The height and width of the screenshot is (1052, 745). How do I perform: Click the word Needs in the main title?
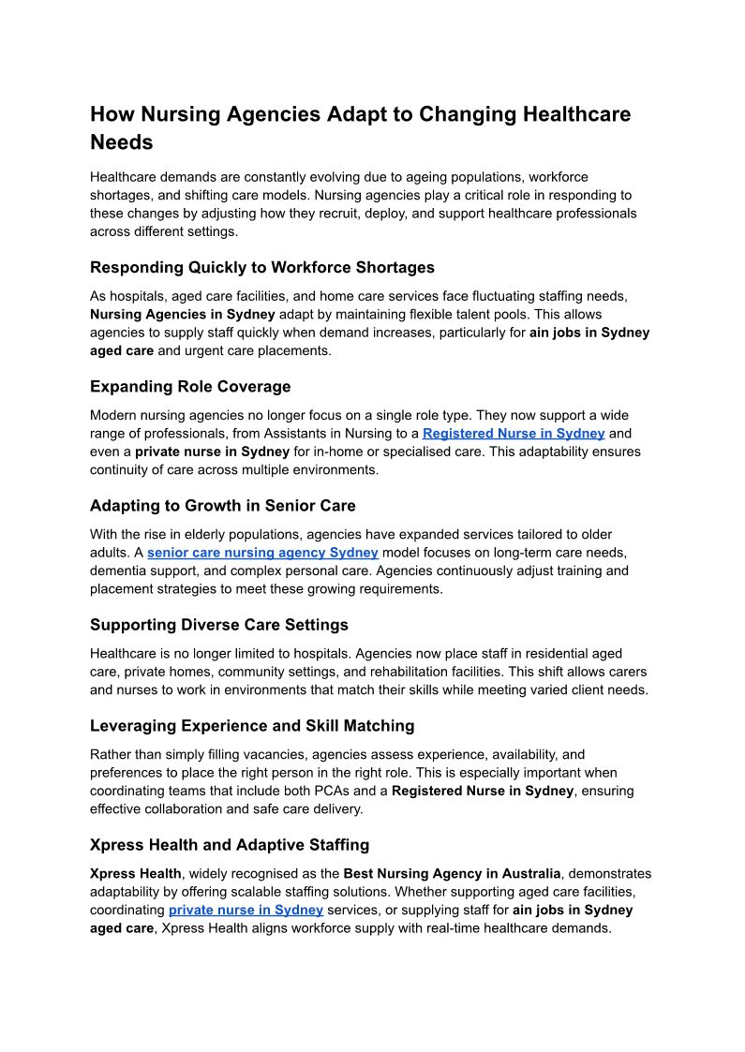tap(121, 143)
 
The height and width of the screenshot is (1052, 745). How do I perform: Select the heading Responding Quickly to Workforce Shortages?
tap(262, 267)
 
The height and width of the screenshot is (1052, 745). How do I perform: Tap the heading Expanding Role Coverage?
tap(190, 386)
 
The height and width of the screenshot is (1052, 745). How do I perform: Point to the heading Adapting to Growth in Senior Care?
tap(223, 506)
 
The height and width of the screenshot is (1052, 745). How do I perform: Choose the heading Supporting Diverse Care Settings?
tap(218, 625)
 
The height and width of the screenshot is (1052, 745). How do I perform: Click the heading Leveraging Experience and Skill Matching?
tap(252, 725)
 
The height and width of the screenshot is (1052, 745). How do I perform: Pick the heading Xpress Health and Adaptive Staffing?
tap(230, 845)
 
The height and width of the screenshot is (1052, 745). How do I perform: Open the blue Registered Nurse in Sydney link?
tap(514, 434)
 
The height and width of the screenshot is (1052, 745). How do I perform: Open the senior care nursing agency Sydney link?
tap(262, 553)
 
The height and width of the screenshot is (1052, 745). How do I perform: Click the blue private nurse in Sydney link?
tap(246, 911)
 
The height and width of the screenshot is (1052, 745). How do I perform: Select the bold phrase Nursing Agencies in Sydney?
tap(182, 314)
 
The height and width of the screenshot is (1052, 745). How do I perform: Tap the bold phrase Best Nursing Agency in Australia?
tap(453, 874)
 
